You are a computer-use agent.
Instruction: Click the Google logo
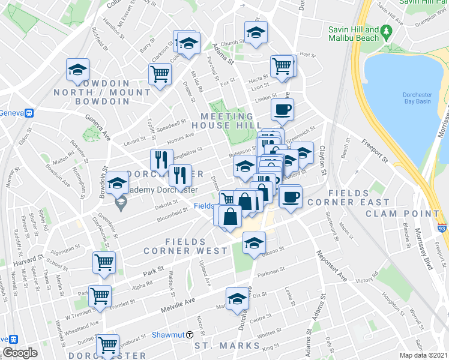[x=20, y=353]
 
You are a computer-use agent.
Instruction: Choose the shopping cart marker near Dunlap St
[x=107, y=344]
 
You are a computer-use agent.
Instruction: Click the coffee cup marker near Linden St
[x=282, y=109]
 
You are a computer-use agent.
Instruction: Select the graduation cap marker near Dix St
[x=237, y=298]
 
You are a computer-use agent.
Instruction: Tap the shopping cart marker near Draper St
[x=160, y=74]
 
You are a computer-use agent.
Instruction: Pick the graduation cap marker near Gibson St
[x=254, y=243]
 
